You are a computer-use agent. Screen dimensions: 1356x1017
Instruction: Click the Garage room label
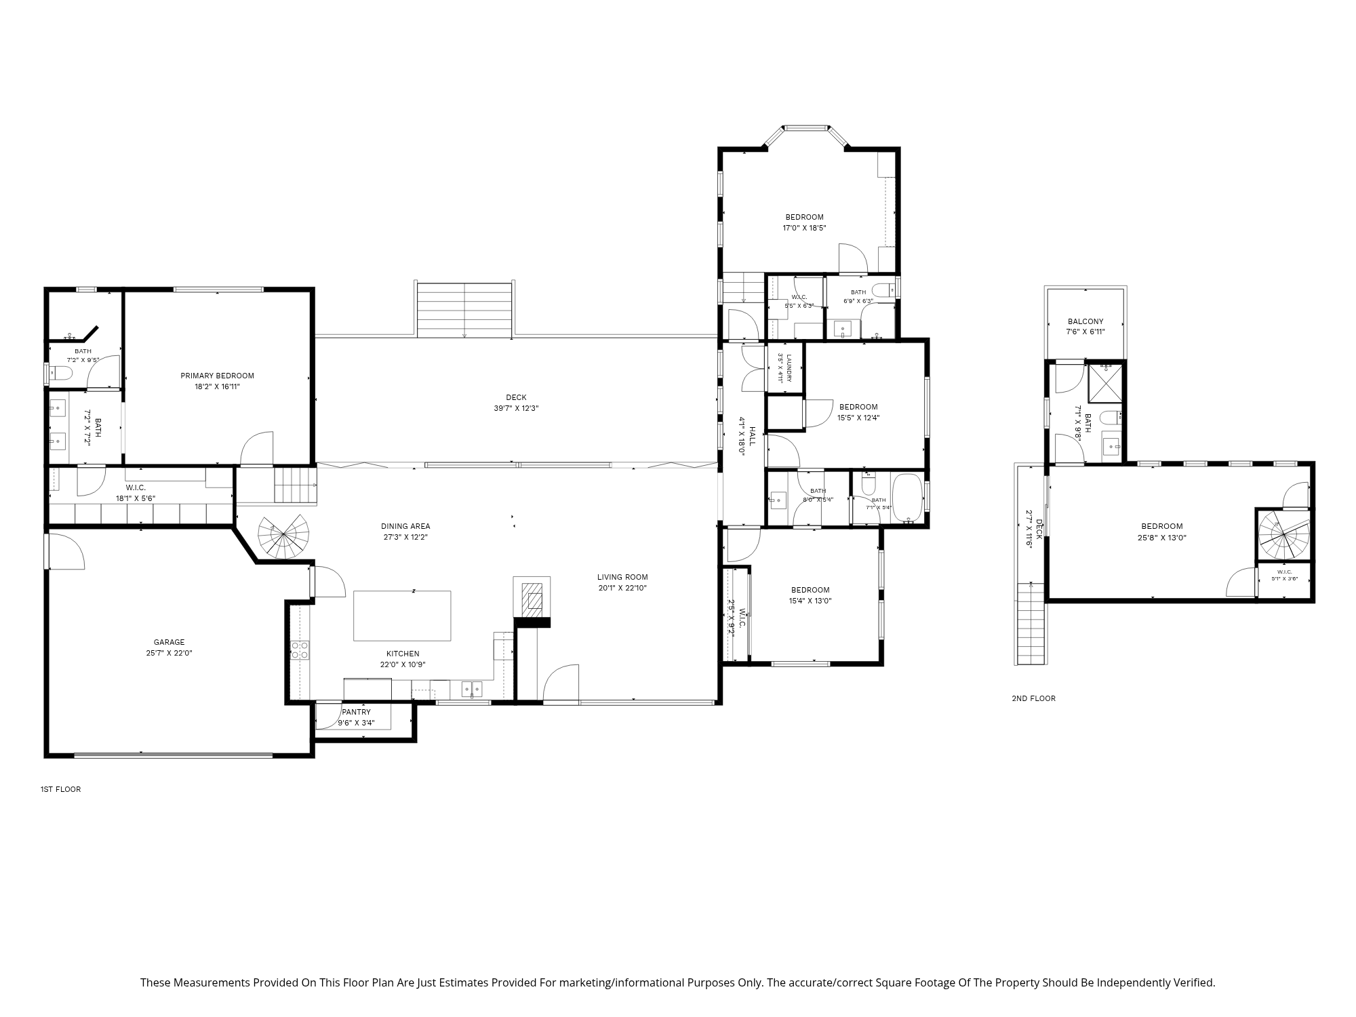[169, 642]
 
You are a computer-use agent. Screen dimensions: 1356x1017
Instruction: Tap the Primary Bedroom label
[217, 376]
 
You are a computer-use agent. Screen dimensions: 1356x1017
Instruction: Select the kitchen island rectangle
[402, 616]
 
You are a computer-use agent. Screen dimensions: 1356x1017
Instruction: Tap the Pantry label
[356, 712]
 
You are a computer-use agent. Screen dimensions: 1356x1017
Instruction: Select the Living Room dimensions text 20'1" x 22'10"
[622, 588]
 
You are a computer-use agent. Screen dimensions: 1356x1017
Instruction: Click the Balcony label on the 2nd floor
[1085, 321]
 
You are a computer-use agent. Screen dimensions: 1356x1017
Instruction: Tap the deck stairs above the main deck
[464, 309]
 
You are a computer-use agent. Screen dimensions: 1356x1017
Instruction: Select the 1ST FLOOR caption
[60, 789]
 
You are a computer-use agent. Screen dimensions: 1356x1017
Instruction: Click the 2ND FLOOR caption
[1033, 698]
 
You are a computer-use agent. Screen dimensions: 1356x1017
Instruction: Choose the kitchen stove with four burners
[300, 650]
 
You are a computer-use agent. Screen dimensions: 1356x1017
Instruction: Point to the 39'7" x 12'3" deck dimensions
[516, 408]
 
